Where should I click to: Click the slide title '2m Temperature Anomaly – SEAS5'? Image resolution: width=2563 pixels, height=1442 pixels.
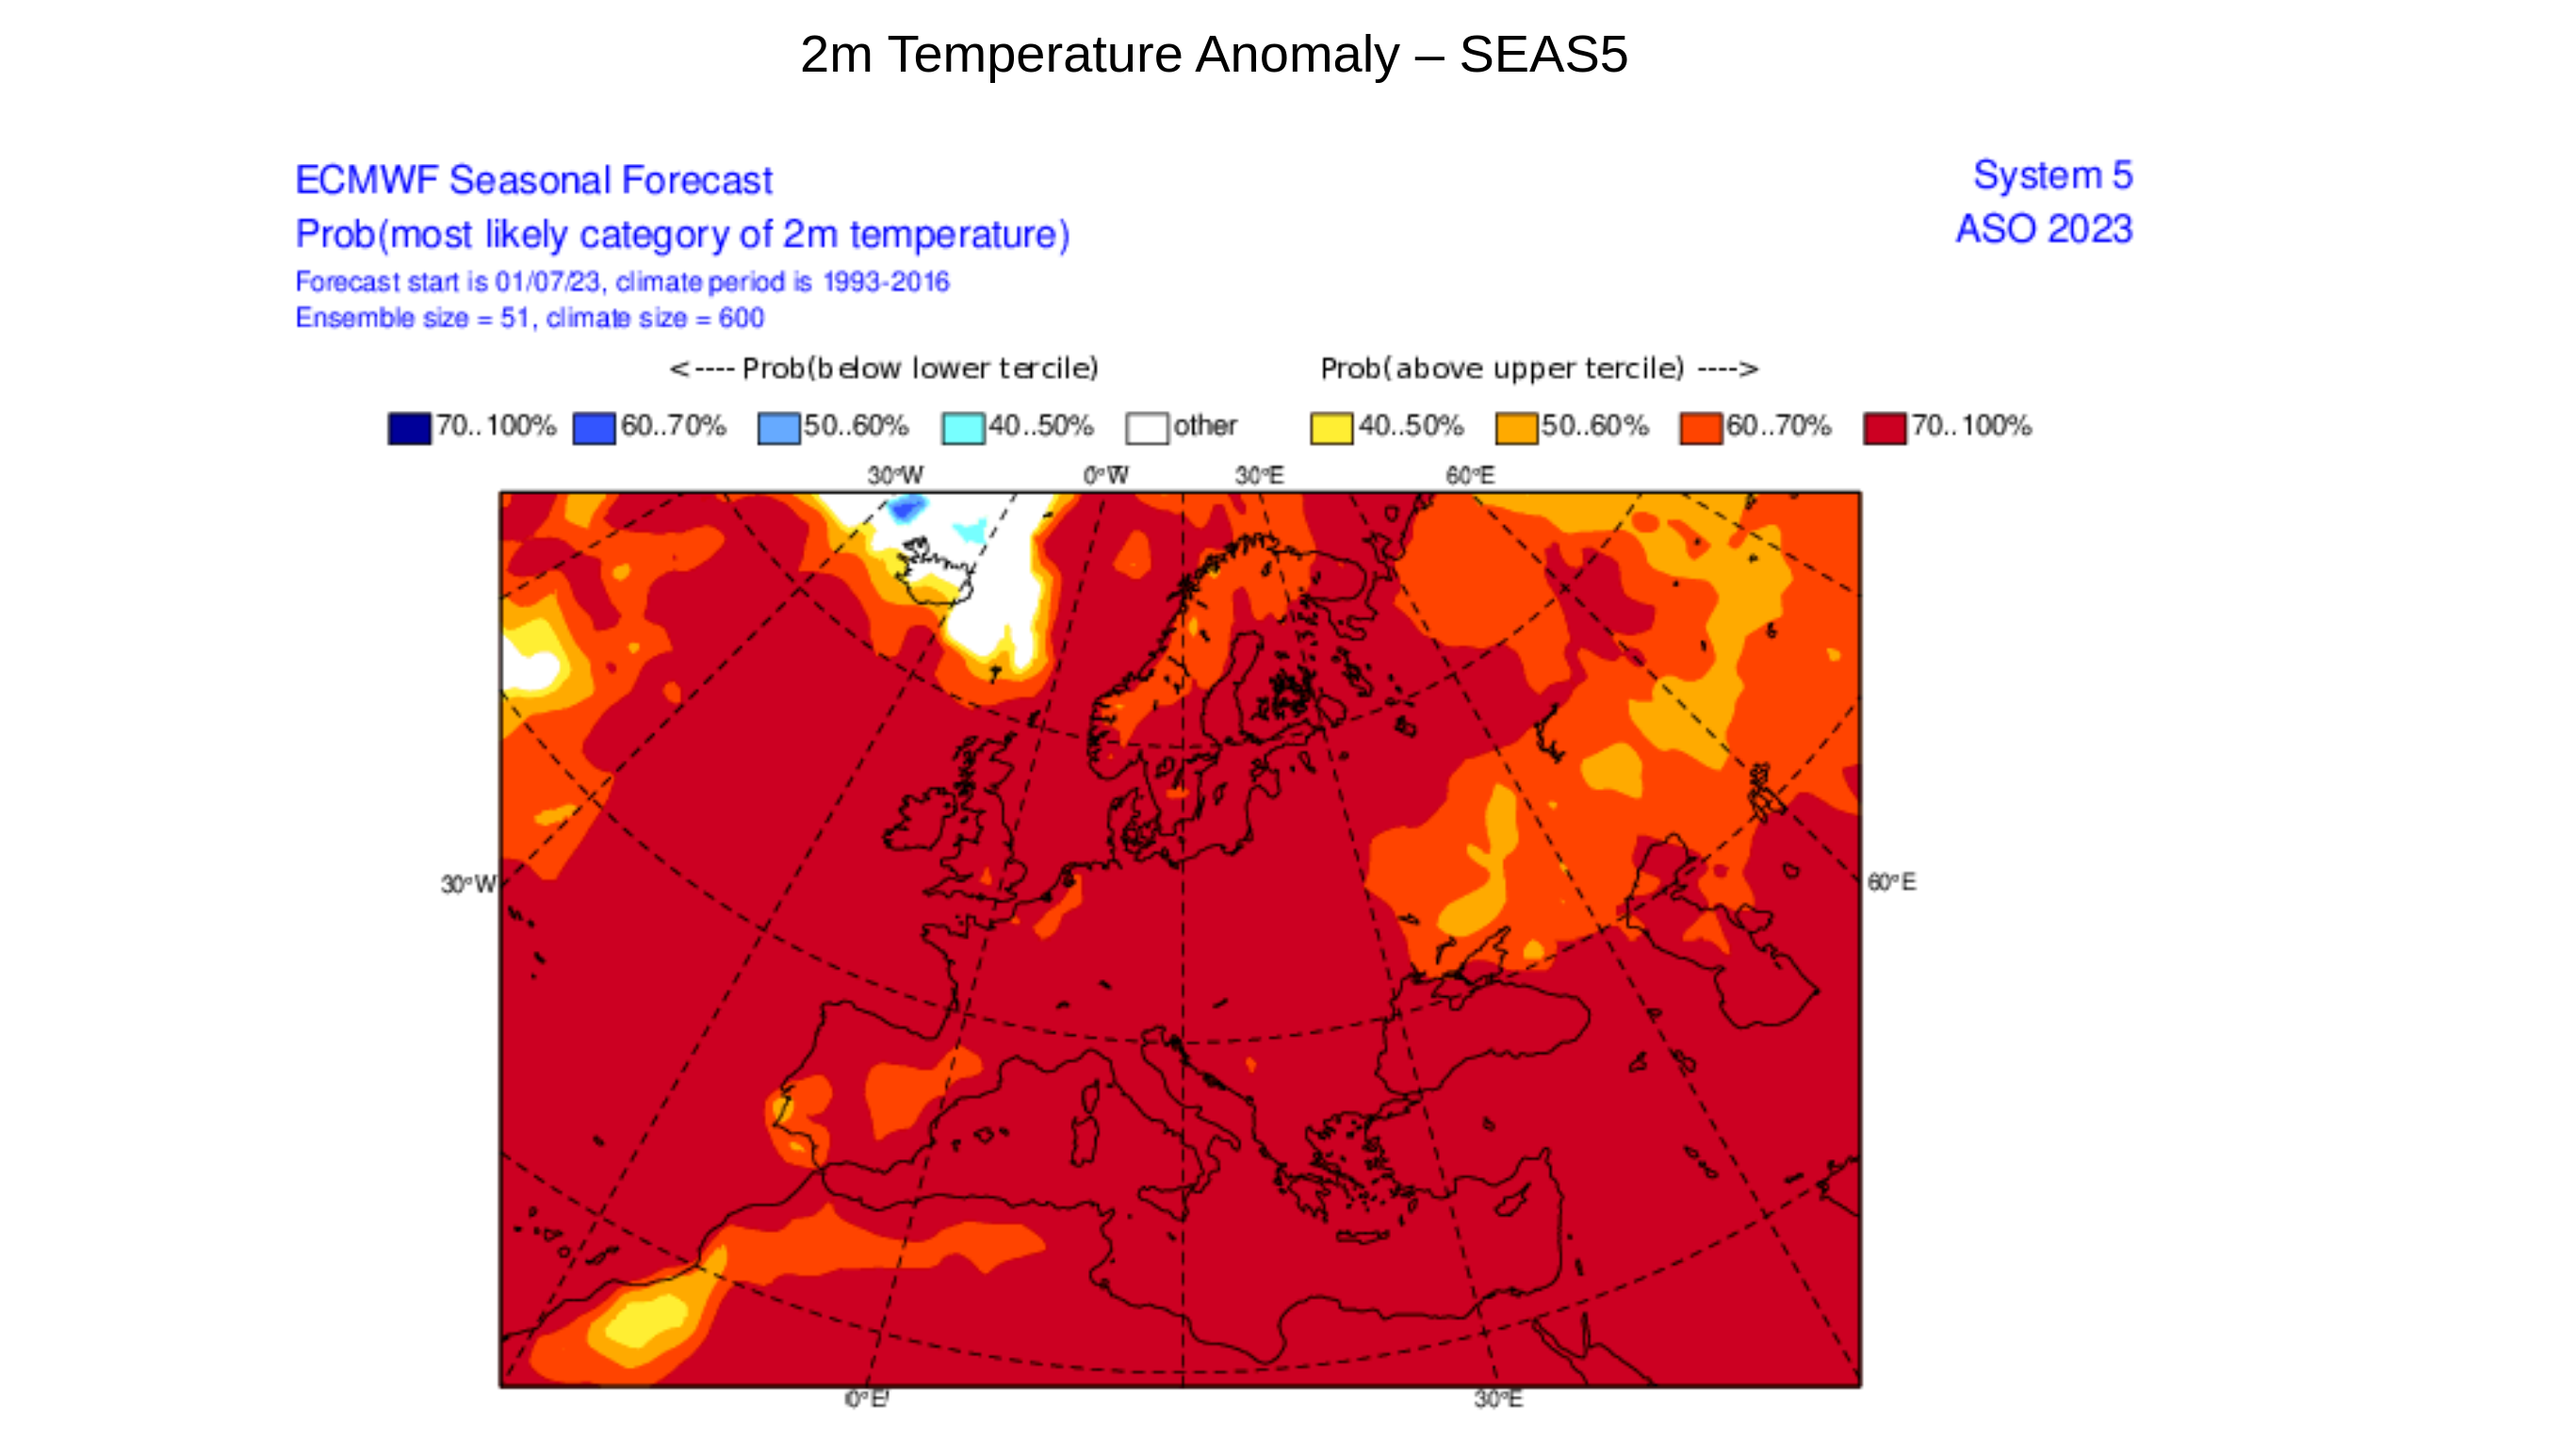[1213, 55]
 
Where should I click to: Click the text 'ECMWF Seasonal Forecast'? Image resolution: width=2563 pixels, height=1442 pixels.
[533, 181]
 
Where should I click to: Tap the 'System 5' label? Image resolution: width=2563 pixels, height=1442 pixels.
[2051, 175]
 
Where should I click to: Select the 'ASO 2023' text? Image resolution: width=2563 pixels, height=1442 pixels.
[2044, 229]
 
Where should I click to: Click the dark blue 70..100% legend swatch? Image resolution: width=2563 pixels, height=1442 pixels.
[409, 428]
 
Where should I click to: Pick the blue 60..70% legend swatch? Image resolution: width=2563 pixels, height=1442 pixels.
[594, 428]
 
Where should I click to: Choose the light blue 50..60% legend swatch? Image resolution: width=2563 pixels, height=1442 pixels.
[778, 428]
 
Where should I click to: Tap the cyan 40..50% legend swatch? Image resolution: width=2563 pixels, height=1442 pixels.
[962, 428]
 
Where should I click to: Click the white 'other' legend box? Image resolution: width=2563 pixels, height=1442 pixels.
[1146, 428]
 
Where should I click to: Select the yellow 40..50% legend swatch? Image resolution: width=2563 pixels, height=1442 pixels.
[1330, 428]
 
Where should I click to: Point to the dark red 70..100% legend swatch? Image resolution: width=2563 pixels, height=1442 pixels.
[1884, 428]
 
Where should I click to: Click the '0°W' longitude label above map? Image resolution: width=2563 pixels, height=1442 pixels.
[1105, 476]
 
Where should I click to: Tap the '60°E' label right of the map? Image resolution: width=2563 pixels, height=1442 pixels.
[1890, 883]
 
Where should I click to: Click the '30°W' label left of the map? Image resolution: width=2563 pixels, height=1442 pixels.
[467, 885]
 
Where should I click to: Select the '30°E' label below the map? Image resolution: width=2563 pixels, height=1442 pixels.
[1497, 1400]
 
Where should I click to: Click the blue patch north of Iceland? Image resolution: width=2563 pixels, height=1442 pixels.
[906, 510]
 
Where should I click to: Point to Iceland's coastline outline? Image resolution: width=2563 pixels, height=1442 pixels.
[936, 572]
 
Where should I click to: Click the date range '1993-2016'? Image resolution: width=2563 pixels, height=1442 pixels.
[886, 283]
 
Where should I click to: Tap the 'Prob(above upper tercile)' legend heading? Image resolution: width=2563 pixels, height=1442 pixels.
[1500, 369]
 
